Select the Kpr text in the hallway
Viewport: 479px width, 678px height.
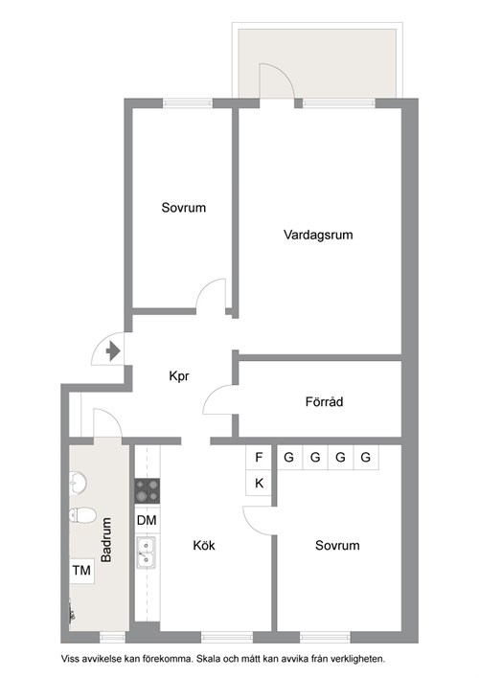pos(180,376)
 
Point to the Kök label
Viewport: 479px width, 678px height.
pos(203,546)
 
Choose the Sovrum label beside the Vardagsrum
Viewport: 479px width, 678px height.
pos(183,208)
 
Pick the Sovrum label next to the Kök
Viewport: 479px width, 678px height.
pos(337,546)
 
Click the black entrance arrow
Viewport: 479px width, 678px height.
pos(112,351)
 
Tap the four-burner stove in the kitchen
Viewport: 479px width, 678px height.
pos(148,491)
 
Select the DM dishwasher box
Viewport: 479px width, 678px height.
pos(148,520)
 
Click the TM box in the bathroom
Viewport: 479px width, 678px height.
pos(81,571)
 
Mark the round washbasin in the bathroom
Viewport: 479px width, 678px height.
pos(79,482)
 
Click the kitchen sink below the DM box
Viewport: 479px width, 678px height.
pos(148,553)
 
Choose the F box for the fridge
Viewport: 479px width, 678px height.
pos(260,458)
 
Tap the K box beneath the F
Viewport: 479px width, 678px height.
pos(260,484)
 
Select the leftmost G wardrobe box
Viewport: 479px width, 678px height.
pos(288,458)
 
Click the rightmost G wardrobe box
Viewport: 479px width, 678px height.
pos(365,458)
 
